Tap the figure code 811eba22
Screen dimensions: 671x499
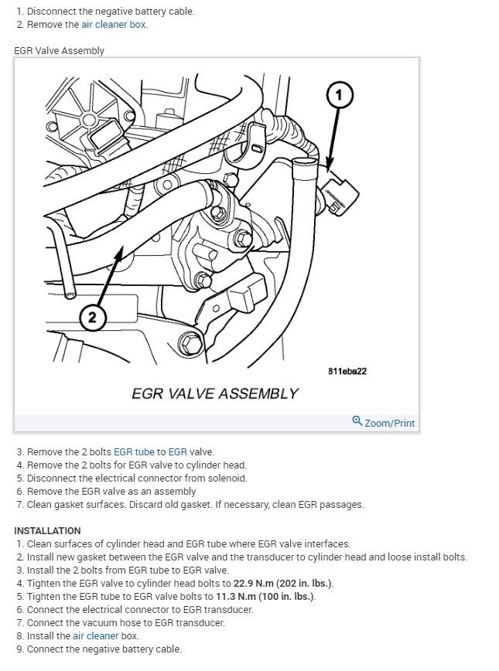[347, 371]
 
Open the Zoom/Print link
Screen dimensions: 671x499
[389, 423]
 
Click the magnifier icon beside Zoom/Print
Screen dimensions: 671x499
[357, 421]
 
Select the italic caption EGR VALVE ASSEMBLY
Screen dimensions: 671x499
[214, 393]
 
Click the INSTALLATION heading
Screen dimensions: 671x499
[47, 531]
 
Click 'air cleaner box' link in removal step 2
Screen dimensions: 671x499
[114, 24]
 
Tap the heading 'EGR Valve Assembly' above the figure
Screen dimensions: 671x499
[59, 50]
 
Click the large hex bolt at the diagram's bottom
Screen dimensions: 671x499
[188, 342]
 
